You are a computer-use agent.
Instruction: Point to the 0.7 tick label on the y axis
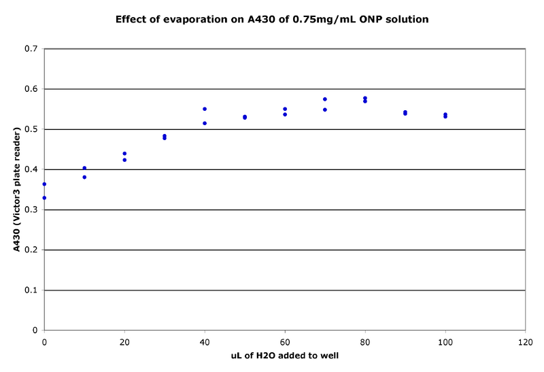pos(31,49)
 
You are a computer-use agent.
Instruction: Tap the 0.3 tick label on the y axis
pos(31,209)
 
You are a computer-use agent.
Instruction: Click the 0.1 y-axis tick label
pos(31,290)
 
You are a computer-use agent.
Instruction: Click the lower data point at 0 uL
pos(44,198)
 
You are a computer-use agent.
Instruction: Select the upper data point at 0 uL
pos(44,184)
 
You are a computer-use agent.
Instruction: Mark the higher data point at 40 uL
pos(205,109)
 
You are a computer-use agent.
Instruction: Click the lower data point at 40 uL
pos(205,123)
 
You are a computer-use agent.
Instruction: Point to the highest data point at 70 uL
pos(325,99)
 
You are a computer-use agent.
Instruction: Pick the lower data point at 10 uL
pos(84,177)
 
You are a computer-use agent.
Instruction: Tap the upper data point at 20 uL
pos(124,154)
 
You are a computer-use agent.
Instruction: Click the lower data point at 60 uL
pos(285,114)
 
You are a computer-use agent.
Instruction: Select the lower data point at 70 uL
pos(325,109)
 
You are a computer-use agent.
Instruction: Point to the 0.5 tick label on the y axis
pos(31,129)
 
